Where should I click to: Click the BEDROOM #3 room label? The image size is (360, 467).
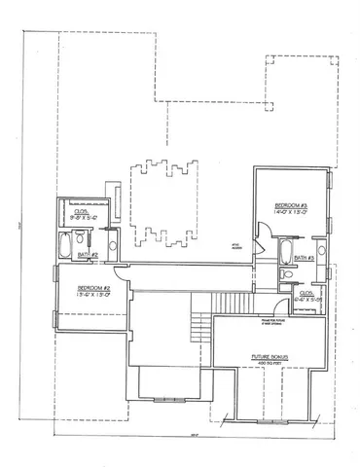point(291,205)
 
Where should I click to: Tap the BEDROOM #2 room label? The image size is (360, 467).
point(93,288)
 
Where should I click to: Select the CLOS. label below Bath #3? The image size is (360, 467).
point(306,292)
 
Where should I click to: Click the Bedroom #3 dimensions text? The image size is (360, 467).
point(291,213)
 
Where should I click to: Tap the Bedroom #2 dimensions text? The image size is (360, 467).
point(93,296)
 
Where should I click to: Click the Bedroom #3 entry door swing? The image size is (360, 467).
point(264,231)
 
